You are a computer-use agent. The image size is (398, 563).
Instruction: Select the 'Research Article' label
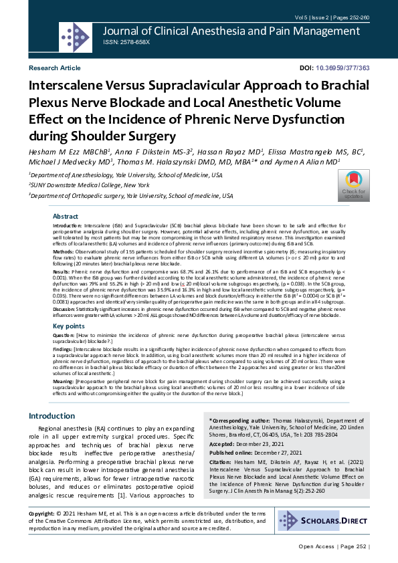click(54, 69)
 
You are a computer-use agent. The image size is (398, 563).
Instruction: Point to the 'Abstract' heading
click(66, 217)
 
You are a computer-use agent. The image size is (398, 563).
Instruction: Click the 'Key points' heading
click(69, 326)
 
